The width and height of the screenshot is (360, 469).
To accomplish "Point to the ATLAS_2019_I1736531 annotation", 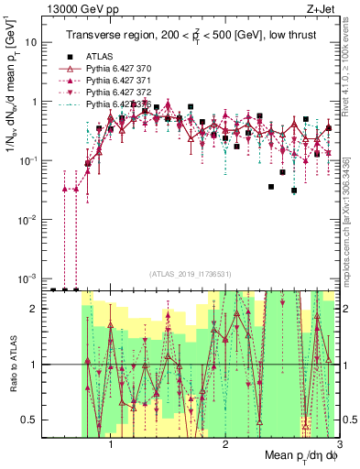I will click(x=191, y=273).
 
